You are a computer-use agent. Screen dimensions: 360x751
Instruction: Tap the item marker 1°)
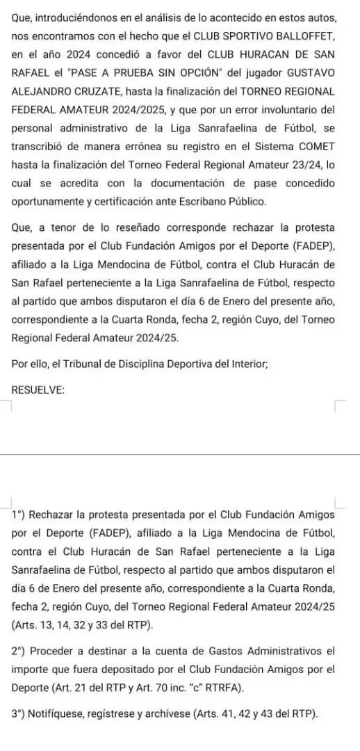19,515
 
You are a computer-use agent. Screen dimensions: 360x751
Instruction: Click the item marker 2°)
20,652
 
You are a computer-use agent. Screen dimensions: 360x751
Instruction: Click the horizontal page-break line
180,454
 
